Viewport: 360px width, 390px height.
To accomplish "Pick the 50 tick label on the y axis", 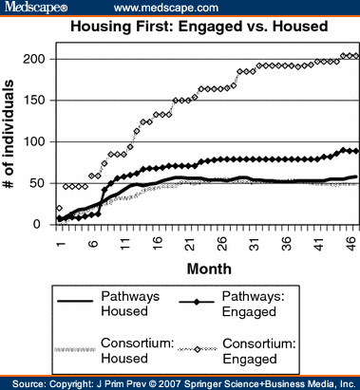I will pyautogui.click(x=41, y=183).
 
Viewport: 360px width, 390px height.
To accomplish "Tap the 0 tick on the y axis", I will pyautogui.click(x=45, y=225).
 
